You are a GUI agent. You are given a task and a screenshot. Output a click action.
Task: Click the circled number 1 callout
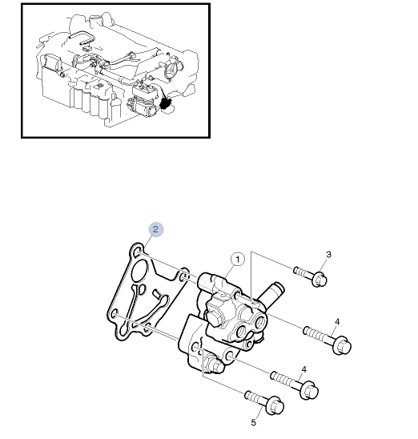[237, 259]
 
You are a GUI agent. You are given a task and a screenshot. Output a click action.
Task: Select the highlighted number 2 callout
[155, 229]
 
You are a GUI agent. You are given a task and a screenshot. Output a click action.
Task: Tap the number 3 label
[328, 255]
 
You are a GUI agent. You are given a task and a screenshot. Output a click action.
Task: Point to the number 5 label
[255, 424]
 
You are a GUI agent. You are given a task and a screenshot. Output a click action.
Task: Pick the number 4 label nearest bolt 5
[303, 369]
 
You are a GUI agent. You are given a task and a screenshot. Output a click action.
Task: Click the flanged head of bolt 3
[318, 279]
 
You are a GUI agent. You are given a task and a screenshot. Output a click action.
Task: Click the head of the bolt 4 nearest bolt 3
[341, 344]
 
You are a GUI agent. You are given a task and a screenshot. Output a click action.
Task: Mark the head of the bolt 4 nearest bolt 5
[309, 390]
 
